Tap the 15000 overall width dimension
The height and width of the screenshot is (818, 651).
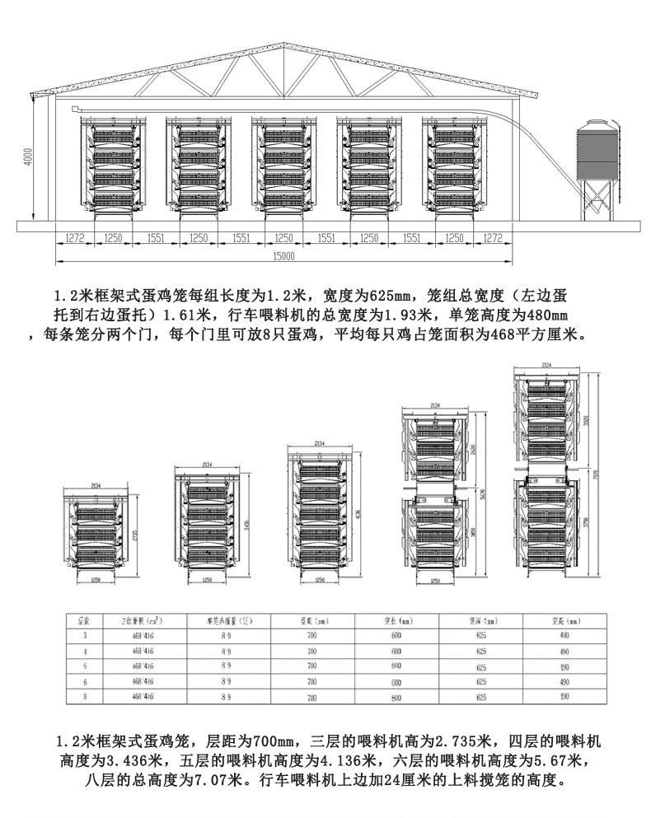point(282,256)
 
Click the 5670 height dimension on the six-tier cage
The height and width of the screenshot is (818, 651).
point(484,494)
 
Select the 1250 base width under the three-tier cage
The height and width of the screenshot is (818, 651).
point(96,580)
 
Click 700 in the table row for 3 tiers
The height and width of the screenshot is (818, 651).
point(311,635)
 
